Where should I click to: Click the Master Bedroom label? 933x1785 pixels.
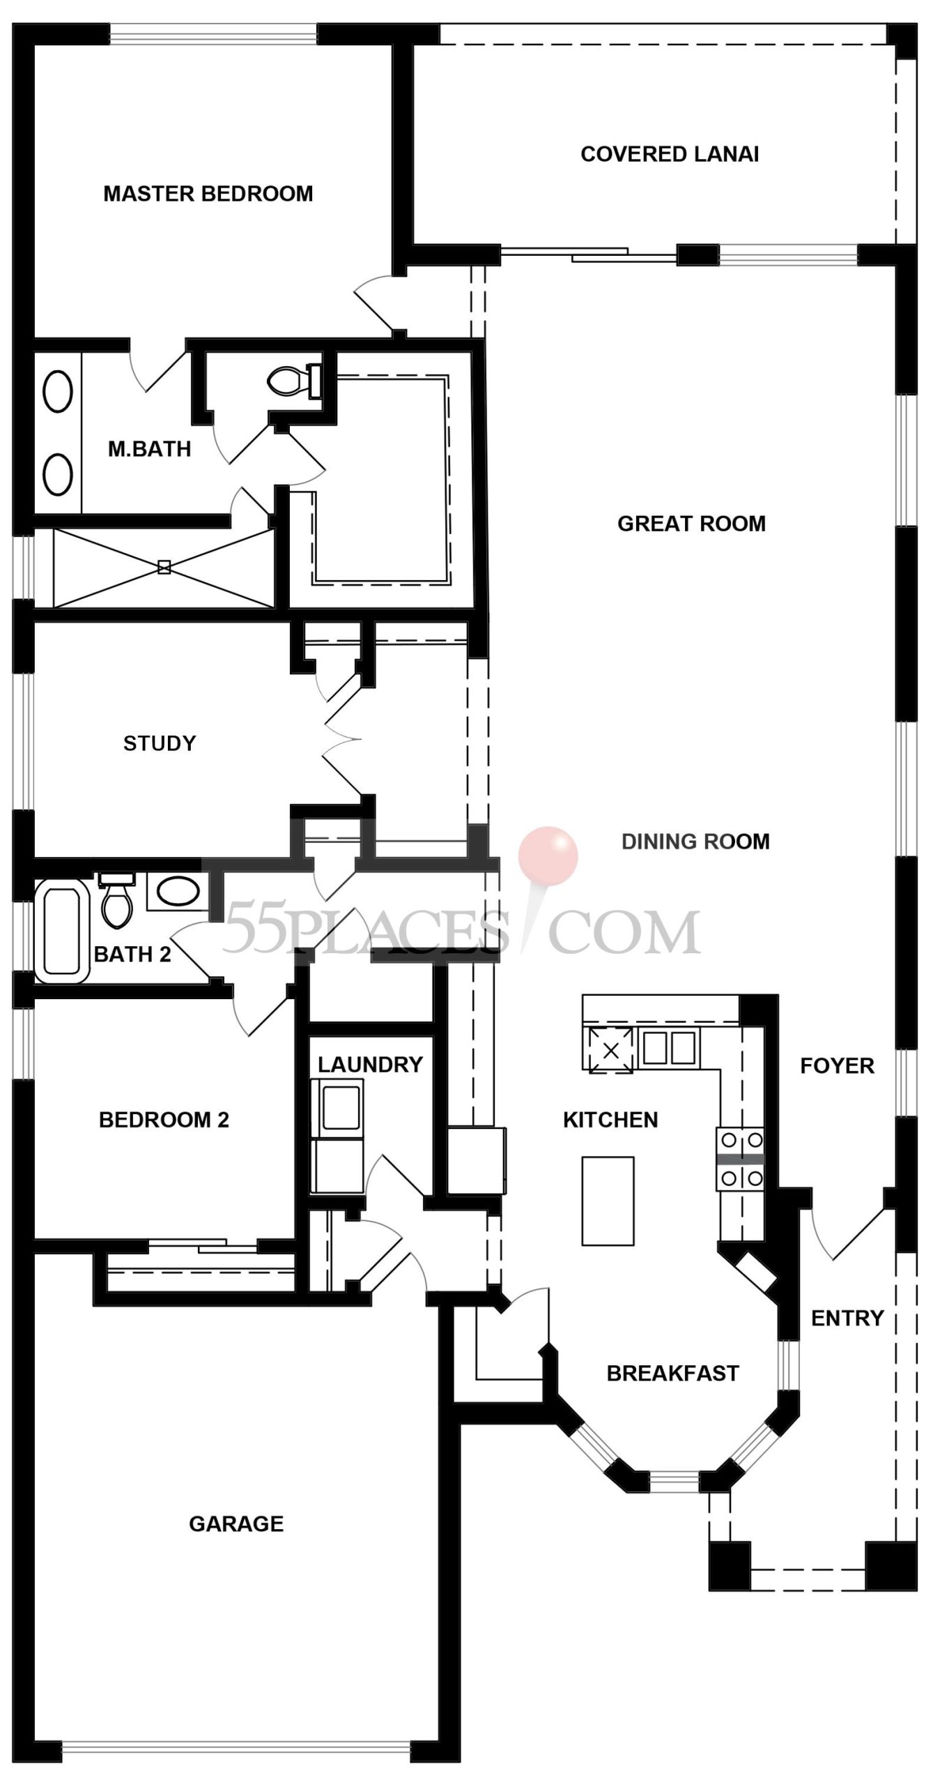(x=208, y=193)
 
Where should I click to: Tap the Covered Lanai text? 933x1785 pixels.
(x=669, y=154)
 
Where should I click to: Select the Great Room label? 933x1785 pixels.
(x=691, y=524)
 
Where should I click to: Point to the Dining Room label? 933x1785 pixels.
(x=695, y=842)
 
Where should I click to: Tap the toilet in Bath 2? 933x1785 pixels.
(x=116, y=902)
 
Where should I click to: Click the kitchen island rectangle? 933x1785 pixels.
(x=608, y=1200)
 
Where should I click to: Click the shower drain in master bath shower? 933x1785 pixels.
(x=164, y=568)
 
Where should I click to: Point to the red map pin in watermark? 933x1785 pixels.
(x=548, y=856)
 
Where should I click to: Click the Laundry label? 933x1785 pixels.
(x=370, y=1065)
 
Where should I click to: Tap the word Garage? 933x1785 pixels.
(x=236, y=1524)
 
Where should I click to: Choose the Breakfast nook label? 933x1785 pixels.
(x=672, y=1374)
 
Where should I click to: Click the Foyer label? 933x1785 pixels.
(x=836, y=1066)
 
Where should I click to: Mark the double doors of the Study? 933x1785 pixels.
(x=341, y=739)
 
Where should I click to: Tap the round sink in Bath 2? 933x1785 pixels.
(x=178, y=892)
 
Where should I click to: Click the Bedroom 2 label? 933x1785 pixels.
(x=164, y=1120)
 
